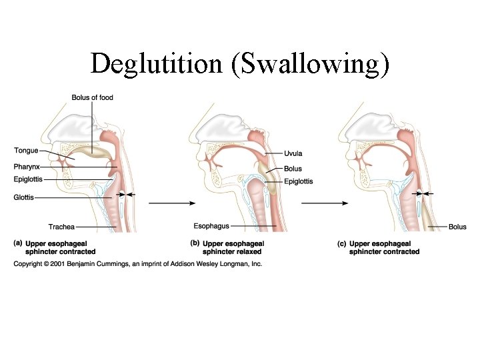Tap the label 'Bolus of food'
93,98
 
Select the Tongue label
27,151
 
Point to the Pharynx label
27,166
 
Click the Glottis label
25,197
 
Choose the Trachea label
61,227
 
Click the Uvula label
293,154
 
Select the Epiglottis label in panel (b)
298,181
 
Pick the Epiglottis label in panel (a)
29,179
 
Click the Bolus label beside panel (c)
457,227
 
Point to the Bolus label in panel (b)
293,169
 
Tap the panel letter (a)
19,244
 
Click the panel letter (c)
342,244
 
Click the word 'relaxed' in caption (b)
248,252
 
